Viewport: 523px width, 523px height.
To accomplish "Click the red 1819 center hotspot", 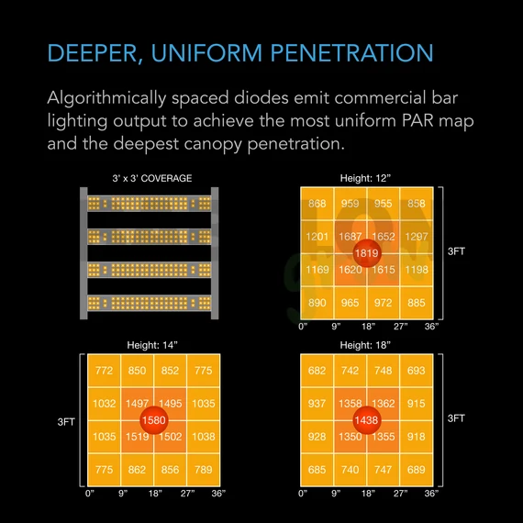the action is click(367, 253).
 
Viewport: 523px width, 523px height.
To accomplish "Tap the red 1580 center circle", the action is click(154, 420).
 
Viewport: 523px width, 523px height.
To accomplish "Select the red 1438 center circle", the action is click(367, 420).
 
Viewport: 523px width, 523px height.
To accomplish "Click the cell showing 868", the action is click(317, 204).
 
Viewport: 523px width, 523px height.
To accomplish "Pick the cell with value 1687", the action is click(350, 237).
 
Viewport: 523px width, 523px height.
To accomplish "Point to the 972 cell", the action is click(383, 303).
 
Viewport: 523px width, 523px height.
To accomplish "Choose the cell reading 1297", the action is click(417, 237).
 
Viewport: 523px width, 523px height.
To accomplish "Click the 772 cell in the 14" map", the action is click(104, 371).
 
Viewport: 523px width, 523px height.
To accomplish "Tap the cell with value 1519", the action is click(137, 437).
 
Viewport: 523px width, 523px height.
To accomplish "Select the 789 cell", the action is click(204, 470).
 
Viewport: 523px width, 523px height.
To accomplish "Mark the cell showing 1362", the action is click(383, 404).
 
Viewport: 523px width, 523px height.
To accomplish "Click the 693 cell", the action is click(417, 371).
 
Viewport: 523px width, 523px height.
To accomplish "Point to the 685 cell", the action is click(317, 470).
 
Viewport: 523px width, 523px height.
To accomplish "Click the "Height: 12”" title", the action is click(365, 178).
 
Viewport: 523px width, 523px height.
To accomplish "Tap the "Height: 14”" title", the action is click(152, 345).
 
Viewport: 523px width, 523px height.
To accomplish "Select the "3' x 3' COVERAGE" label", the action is click(152, 178).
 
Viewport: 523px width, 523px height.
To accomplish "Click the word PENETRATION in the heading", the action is click(351, 53).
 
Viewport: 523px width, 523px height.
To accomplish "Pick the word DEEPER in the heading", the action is click(93, 54).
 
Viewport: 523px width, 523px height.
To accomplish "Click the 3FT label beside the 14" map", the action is click(66, 422).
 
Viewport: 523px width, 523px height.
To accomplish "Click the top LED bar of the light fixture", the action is click(149, 204).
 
